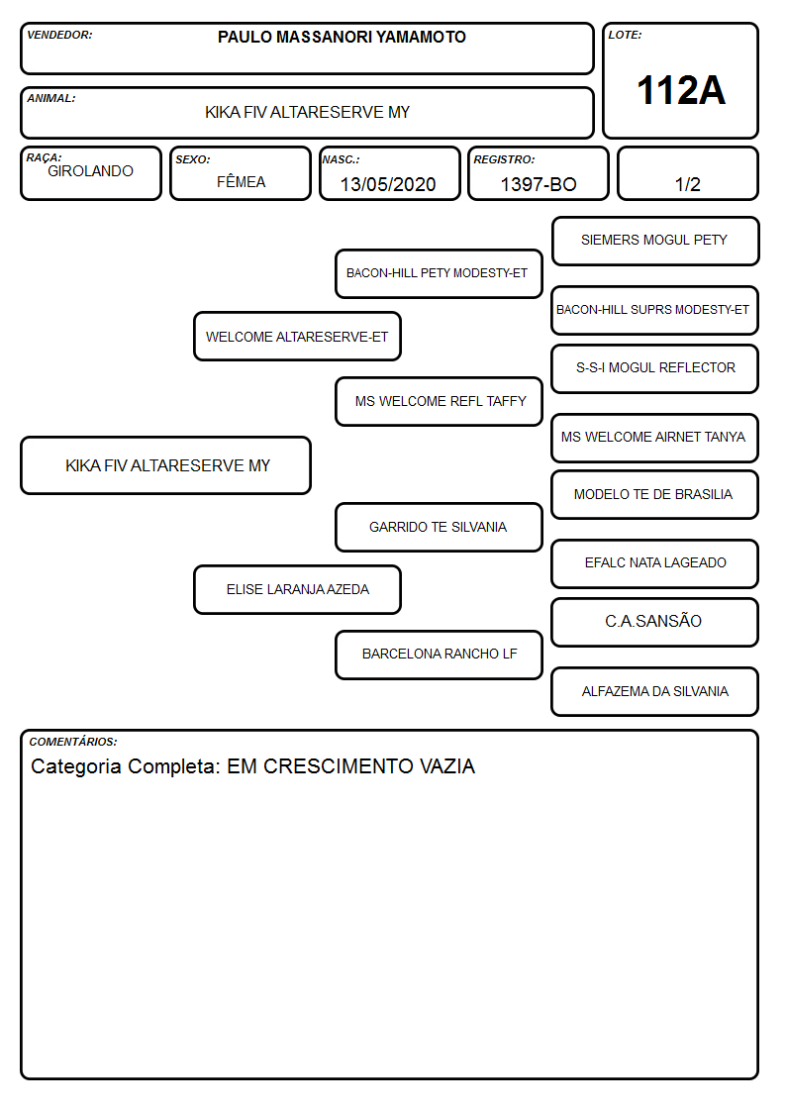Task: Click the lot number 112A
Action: click(680, 90)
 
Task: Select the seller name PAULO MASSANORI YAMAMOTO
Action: click(342, 37)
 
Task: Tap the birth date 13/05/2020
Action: click(388, 184)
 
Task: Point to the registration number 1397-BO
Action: click(538, 184)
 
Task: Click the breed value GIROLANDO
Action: click(90, 171)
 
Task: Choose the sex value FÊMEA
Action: click(241, 181)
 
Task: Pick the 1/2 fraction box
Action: click(687, 173)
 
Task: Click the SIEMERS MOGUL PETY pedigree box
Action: click(655, 242)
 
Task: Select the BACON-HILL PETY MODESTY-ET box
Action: click(439, 273)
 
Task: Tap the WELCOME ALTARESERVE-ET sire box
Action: click(297, 336)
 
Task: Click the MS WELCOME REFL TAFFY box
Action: click(439, 401)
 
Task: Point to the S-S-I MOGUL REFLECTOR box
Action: click(655, 368)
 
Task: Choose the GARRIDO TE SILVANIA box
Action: click(439, 528)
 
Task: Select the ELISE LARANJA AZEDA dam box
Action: click(297, 590)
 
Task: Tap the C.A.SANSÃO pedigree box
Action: click(655, 622)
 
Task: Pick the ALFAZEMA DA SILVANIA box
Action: click(655, 691)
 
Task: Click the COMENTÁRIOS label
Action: click(73, 742)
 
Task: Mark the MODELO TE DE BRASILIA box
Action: click(655, 495)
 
